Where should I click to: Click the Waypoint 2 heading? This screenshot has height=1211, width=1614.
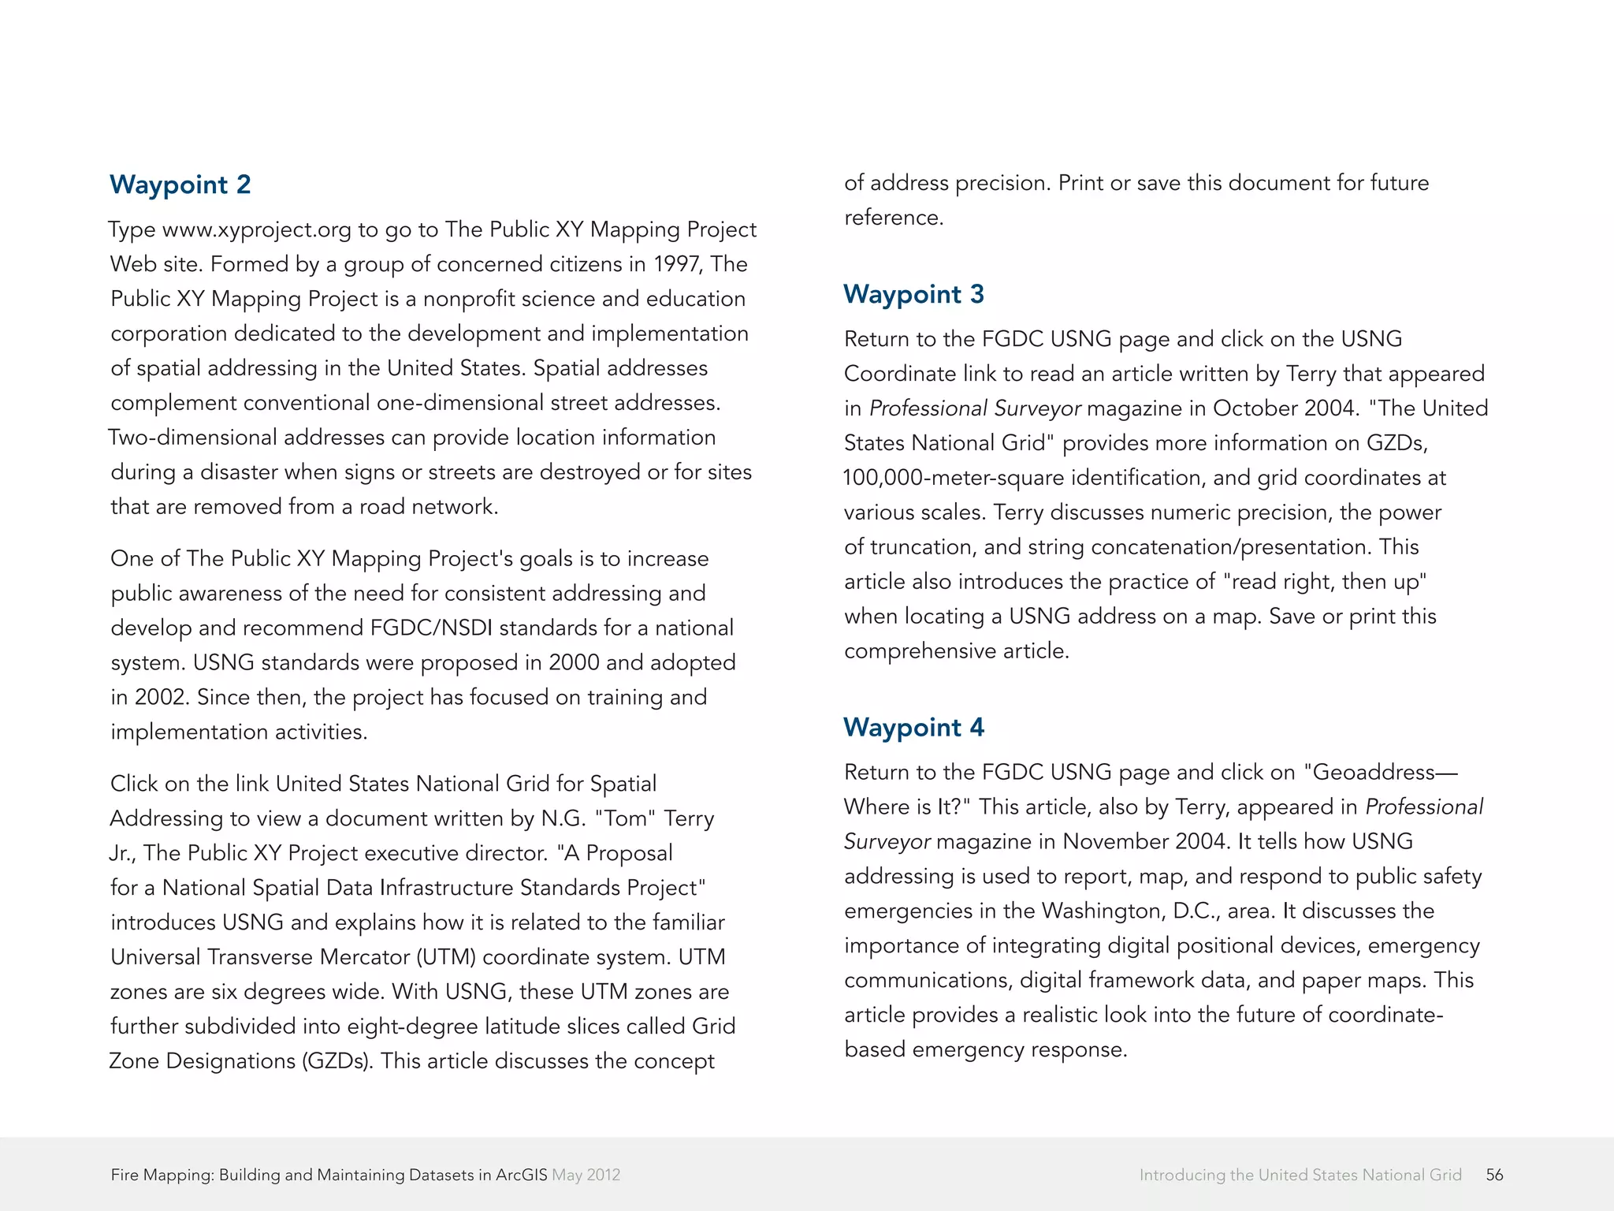coord(180,184)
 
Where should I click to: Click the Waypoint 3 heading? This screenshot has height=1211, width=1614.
coord(913,294)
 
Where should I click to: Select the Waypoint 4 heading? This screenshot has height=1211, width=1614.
coord(913,727)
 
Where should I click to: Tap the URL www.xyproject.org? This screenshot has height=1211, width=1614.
coord(256,229)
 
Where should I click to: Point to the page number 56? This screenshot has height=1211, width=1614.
coord(1494,1175)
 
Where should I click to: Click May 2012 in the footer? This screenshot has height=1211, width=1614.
coord(586,1175)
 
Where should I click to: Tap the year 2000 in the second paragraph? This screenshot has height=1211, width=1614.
coord(574,663)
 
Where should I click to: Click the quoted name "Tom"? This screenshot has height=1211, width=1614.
coord(625,818)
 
